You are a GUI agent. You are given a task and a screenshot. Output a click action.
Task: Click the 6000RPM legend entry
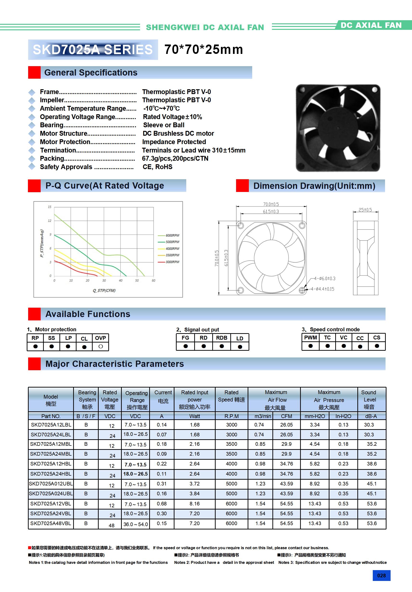[172, 236]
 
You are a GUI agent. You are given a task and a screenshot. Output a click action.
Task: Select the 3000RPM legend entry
[172, 262]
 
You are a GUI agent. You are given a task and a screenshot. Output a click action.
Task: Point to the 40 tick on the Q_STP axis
[121, 280]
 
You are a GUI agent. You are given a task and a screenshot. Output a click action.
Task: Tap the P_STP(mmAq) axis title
[42, 243]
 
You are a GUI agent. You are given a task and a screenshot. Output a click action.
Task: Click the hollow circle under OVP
[101, 347]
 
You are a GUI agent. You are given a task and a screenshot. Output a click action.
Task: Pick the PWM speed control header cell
[310, 338]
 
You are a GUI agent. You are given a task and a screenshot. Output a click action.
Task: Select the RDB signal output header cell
[222, 338]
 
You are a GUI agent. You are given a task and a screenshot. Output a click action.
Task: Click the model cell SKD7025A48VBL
[51, 524]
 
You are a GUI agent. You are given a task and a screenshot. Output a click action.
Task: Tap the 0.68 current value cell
[162, 503]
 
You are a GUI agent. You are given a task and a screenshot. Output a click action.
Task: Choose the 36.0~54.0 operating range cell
[135, 524]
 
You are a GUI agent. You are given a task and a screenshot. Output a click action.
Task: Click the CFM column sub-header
[286, 416]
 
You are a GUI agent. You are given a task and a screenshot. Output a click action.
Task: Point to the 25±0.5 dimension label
[365, 210]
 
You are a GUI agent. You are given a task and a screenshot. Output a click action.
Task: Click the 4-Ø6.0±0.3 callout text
[325, 279]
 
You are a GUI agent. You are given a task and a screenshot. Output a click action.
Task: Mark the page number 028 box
[381, 575]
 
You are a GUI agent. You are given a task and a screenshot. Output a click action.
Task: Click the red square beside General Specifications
[34, 72]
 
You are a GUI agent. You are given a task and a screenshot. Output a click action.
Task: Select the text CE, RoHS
[157, 167]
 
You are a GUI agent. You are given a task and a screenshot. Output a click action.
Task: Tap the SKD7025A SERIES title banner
[93, 50]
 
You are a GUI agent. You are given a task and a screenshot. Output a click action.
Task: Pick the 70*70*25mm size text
[204, 50]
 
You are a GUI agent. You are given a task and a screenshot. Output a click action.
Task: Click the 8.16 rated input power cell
[194, 503]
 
